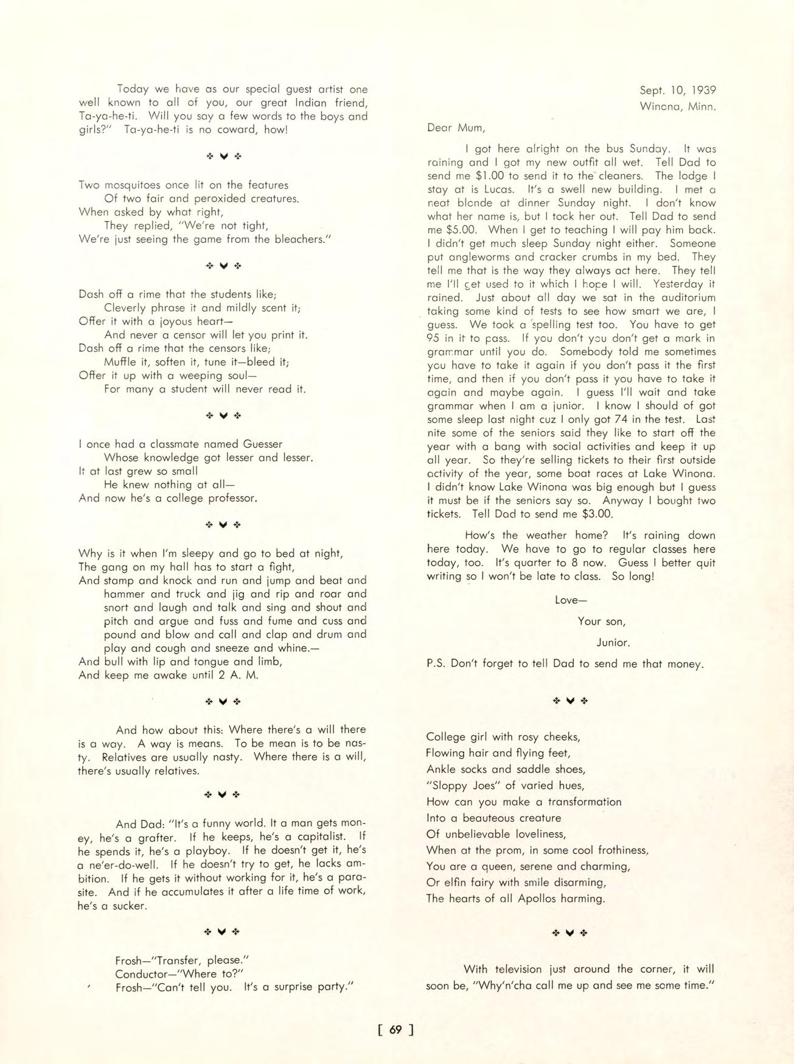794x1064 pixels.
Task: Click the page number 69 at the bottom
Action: click(395, 1029)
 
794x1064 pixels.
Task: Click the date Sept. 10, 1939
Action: click(677, 90)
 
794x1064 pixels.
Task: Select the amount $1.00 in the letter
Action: click(489, 176)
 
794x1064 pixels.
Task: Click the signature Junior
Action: click(613, 642)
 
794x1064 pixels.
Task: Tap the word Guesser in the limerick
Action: click(263, 444)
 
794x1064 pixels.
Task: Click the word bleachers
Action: click(294, 239)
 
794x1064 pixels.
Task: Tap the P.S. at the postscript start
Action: click(437, 664)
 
